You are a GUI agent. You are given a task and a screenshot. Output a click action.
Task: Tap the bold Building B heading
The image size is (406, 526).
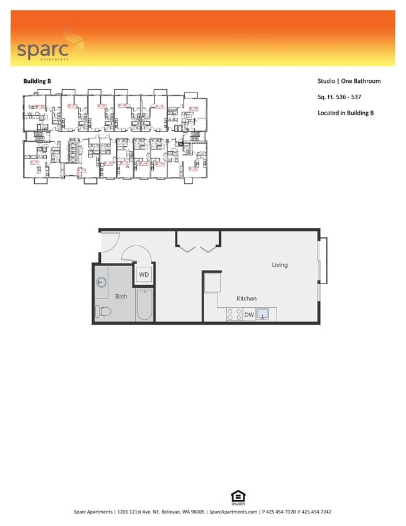37,81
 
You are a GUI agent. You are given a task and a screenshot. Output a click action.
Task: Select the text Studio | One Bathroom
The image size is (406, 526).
349,81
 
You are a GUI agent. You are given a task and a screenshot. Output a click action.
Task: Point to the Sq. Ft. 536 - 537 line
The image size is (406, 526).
339,97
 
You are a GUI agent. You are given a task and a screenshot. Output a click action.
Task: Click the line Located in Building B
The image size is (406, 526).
345,113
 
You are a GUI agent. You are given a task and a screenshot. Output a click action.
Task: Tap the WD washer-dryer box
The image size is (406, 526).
144,274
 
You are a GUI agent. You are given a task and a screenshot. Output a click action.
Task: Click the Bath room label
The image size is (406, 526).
121,296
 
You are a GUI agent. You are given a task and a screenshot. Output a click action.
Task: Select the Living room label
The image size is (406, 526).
280,265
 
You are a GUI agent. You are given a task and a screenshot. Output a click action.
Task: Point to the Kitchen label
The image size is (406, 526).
246,299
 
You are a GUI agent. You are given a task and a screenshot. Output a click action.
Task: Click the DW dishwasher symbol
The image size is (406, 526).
248,315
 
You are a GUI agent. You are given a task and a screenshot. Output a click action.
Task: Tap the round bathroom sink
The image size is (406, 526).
101,283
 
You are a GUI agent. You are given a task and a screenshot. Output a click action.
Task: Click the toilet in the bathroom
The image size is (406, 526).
103,311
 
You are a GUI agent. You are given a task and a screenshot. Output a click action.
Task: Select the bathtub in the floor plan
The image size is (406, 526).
144,305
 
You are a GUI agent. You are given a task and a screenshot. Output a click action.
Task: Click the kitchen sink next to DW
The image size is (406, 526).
264,315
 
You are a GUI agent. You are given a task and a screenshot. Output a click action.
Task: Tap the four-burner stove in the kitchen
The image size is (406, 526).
234,315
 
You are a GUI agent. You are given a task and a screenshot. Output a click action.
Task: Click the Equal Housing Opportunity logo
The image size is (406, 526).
238,497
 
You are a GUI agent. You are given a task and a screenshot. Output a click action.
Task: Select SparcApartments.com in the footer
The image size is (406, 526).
233,512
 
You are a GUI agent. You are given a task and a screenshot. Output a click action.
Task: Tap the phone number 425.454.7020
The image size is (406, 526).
281,512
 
